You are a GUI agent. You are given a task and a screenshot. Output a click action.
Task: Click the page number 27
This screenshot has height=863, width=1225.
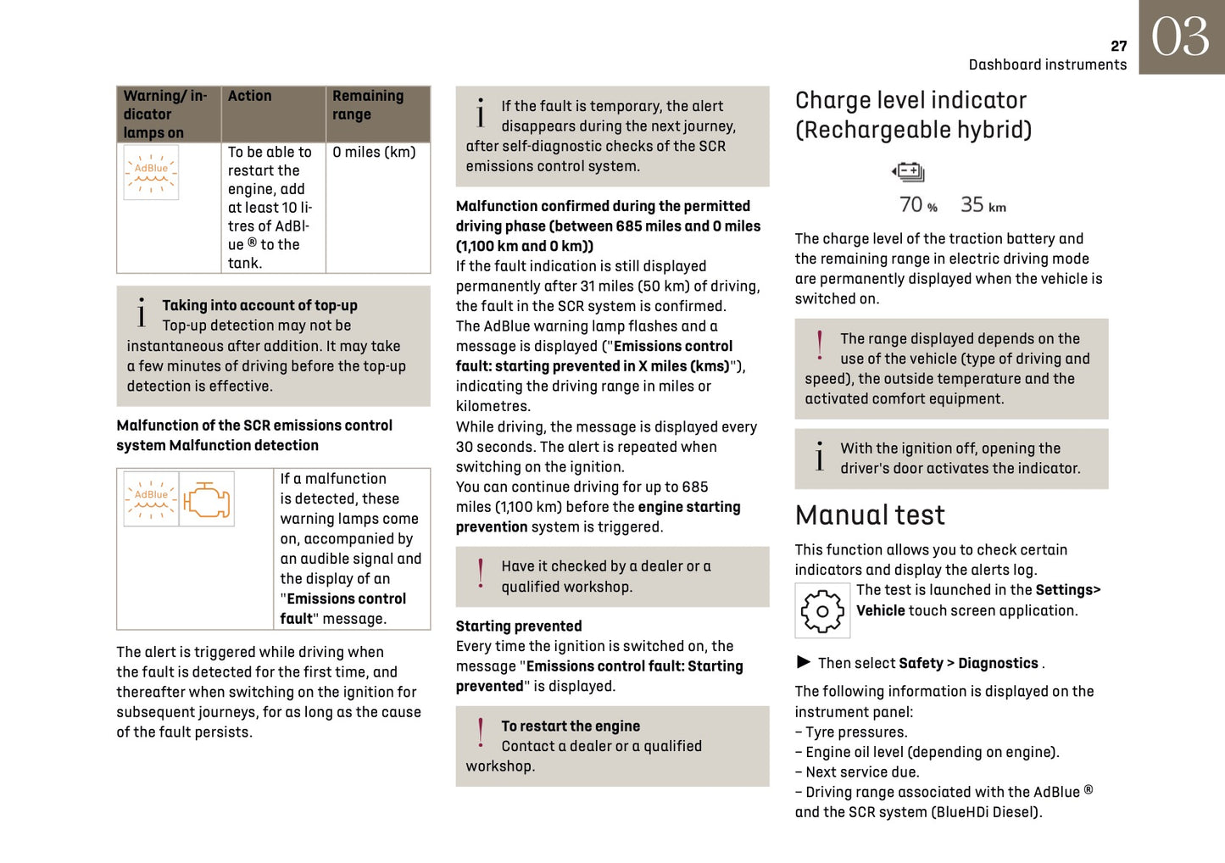pos(1118,46)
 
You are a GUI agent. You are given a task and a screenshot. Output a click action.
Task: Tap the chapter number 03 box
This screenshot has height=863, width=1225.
pos(1181,37)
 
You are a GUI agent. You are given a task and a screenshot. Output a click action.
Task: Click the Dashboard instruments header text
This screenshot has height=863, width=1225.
pos(1047,65)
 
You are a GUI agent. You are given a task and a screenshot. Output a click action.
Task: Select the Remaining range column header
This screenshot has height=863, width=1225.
pos(368,105)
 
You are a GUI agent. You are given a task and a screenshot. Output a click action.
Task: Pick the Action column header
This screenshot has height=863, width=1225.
pos(249,97)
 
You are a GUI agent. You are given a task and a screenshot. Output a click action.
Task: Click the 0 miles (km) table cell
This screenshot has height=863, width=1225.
pos(374,153)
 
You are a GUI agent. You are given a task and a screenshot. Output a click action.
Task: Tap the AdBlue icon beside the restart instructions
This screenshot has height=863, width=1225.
pos(151,172)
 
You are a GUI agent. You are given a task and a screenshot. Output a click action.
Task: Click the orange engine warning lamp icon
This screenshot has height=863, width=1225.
pos(207,499)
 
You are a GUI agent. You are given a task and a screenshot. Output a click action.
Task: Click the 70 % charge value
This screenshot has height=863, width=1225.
pos(918,205)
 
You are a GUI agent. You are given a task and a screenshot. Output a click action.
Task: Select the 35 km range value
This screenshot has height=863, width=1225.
pos(983,205)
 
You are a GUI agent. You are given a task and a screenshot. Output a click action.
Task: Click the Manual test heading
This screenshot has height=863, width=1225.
pos(869,515)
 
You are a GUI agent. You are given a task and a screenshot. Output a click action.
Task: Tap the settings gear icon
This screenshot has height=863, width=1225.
pos(821,610)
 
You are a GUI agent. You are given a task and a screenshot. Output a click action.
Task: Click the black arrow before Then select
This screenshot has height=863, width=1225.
pos(804,662)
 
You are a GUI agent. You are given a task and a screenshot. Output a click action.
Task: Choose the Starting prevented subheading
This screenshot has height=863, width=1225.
pos(518,626)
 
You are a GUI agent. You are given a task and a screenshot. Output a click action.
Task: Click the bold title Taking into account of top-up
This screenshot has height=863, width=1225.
pos(259,305)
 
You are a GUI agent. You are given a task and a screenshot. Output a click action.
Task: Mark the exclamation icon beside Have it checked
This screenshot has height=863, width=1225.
pos(481,573)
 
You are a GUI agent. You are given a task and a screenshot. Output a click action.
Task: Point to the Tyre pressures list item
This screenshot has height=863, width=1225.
pos(851,732)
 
